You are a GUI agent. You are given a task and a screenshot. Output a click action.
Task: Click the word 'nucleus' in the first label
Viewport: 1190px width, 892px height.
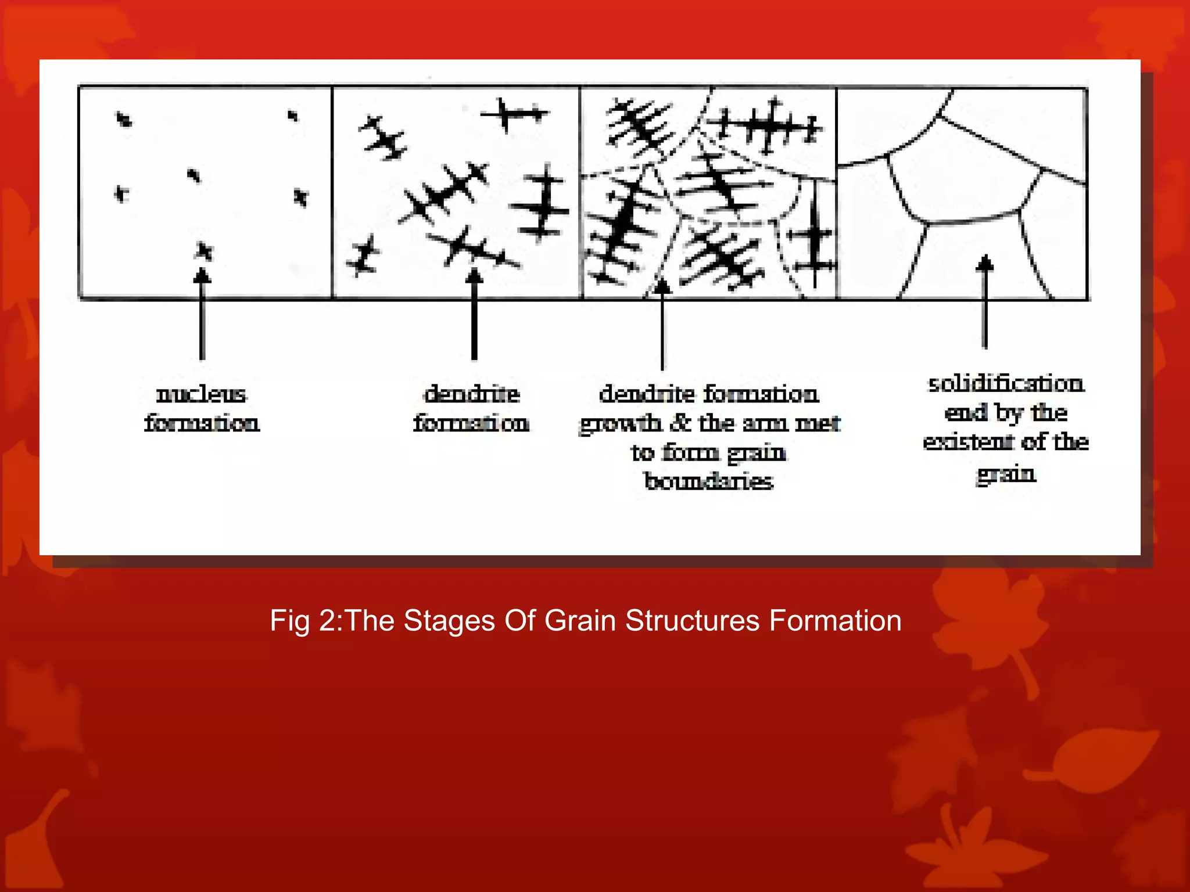pyautogui.click(x=201, y=394)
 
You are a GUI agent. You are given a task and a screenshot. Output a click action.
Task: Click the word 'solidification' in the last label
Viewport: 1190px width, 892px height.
pyautogui.click(x=1006, y=384)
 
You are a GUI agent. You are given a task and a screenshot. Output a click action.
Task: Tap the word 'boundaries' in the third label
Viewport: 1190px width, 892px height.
pyautogui.click(x=709, y=481)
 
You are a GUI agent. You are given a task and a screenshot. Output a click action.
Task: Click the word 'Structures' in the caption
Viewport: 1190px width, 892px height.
pyautogui.click(x=692, y=621)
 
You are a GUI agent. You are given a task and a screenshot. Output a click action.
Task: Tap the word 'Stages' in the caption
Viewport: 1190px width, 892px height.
pyautogui.click(x=450, y=621)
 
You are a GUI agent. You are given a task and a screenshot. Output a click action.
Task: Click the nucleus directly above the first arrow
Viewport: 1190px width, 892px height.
pyautogui.click(x=203, y=251)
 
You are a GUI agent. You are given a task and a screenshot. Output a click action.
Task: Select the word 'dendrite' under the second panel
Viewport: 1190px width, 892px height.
pyautogui.click(x=472, y=394)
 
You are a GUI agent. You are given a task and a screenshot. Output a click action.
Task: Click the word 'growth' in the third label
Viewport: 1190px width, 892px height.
pyautogui.click(x=621, y=424)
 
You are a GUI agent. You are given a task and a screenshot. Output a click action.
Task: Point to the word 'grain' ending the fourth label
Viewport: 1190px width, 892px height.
pyautogui.click(x=1006, y=474)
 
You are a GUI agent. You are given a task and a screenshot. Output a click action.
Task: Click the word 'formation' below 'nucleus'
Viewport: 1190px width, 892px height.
pyautogui.click(x=202, y=423)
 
